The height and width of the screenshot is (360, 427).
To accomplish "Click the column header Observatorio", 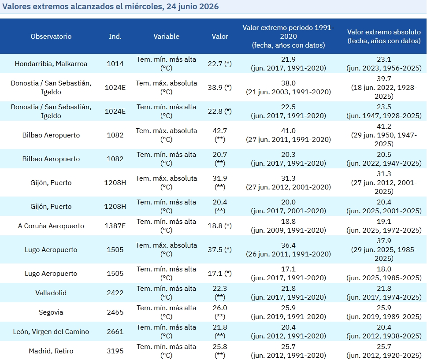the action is (x=51, y=36).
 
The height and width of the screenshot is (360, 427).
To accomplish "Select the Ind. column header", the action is (x=115, y=36).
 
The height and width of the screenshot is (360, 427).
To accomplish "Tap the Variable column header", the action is (x=167, y=36).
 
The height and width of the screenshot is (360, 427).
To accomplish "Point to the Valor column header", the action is (x=220, y=36).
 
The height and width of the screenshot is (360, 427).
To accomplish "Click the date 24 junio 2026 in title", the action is (x=193, y=6).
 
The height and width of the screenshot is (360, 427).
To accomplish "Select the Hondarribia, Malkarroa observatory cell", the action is (x=51, y=64).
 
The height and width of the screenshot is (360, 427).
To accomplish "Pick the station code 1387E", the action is (x=115, y=226).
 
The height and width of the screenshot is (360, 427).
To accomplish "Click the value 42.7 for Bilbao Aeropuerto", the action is (x=220, y=131).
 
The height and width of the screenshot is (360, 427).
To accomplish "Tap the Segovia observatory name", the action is (x=51, y=312).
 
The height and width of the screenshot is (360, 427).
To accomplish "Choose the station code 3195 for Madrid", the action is (x=115, y=351).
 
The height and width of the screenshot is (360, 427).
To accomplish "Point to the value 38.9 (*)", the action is (x=220, y=87).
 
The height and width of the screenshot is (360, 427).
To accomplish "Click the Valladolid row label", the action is (x=51, y=293).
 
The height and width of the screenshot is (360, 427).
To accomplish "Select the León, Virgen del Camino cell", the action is (x=51, y=332).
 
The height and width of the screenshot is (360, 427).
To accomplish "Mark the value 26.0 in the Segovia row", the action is (x=220, y=308).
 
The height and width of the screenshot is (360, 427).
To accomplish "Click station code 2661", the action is (x=115, y=332).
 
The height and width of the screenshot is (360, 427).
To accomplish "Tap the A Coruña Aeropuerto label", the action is (x=51, y=226).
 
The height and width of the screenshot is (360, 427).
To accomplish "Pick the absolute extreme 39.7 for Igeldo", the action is (x=384, y=79).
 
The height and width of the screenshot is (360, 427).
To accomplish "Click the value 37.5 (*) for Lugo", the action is (x=220, y=250).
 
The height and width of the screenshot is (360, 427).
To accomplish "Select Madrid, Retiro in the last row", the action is (x=51, y=351).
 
